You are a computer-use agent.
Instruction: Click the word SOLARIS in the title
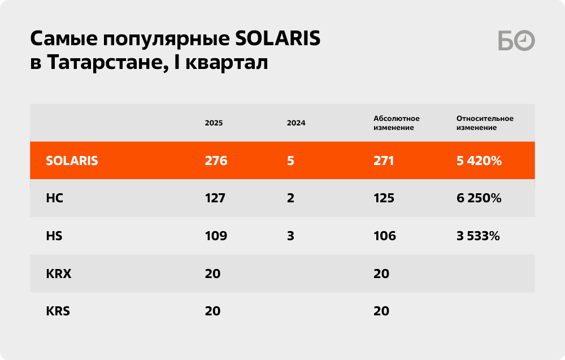(x=277, y=38)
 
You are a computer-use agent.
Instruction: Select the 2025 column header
(x=214, y=123)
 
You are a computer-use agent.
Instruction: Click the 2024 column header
(x=296, y=123)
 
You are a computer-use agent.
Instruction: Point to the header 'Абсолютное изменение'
(x=397, y=123)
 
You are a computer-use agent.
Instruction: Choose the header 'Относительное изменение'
(x=485, y=123)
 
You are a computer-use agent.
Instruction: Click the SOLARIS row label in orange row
(x=72, y=161)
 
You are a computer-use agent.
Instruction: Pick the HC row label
(x=54, y=198)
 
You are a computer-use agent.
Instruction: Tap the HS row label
(x=54, y=236)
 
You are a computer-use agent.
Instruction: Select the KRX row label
(x=59, y=274)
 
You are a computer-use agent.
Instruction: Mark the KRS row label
(x=58, y=311)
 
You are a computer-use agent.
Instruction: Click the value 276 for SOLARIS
(x=216, y=161)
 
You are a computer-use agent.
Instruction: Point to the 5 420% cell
(x=479, y=161)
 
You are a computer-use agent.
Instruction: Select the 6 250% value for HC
(x=479, y=198)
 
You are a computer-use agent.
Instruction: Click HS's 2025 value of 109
(x=216, y=236)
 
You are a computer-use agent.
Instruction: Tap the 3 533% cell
(x=478, y=236)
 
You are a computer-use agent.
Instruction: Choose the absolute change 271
(x=384, y=161)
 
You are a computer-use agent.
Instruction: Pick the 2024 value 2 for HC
(x=290, y=198)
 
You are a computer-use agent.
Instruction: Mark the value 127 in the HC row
(x=215, y=198)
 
